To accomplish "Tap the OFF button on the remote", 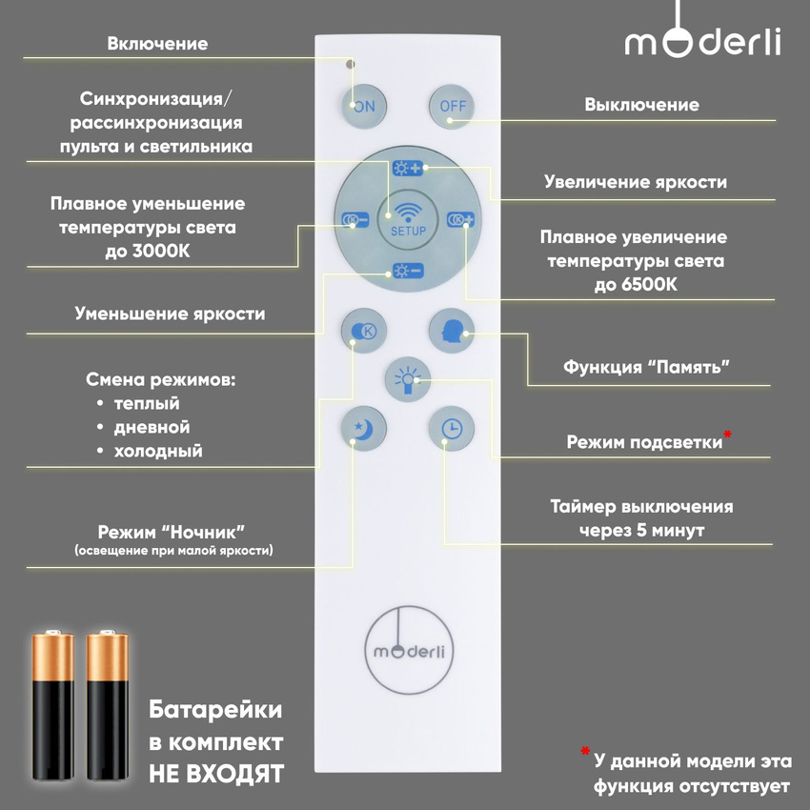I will coord(453,106).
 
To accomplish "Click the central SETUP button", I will coord(407,218).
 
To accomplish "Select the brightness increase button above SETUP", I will coord(408,169).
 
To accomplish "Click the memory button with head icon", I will coord(451,330).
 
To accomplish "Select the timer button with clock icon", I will coord(451,429).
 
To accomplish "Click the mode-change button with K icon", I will coord(362,330).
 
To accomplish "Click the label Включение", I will coord(157,44).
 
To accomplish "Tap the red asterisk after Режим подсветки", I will coord(728,435).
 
